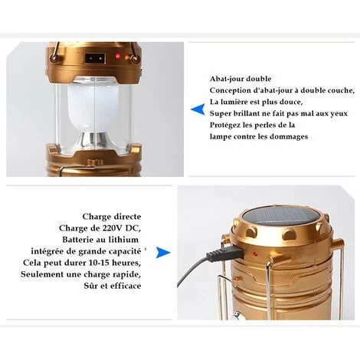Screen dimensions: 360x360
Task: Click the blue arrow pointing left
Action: (x=198, y=110)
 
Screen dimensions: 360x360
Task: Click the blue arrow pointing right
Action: (x=163, y=253)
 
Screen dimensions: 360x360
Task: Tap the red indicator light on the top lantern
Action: (x=118, y=56)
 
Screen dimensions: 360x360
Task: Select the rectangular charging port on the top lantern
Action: (x=95, y=59)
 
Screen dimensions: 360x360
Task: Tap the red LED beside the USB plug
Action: (x=254, y=254)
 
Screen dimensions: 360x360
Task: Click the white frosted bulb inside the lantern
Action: (x=93, y=106)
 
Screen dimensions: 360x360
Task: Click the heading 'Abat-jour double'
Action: (x=241, y=79)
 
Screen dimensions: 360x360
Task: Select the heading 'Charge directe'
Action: (x=112, y=217)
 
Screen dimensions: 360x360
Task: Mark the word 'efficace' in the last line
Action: (x=126, y=286)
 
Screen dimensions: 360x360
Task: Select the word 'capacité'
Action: (x=125, y=251)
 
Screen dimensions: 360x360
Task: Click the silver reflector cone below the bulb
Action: (x=93, y=140)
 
